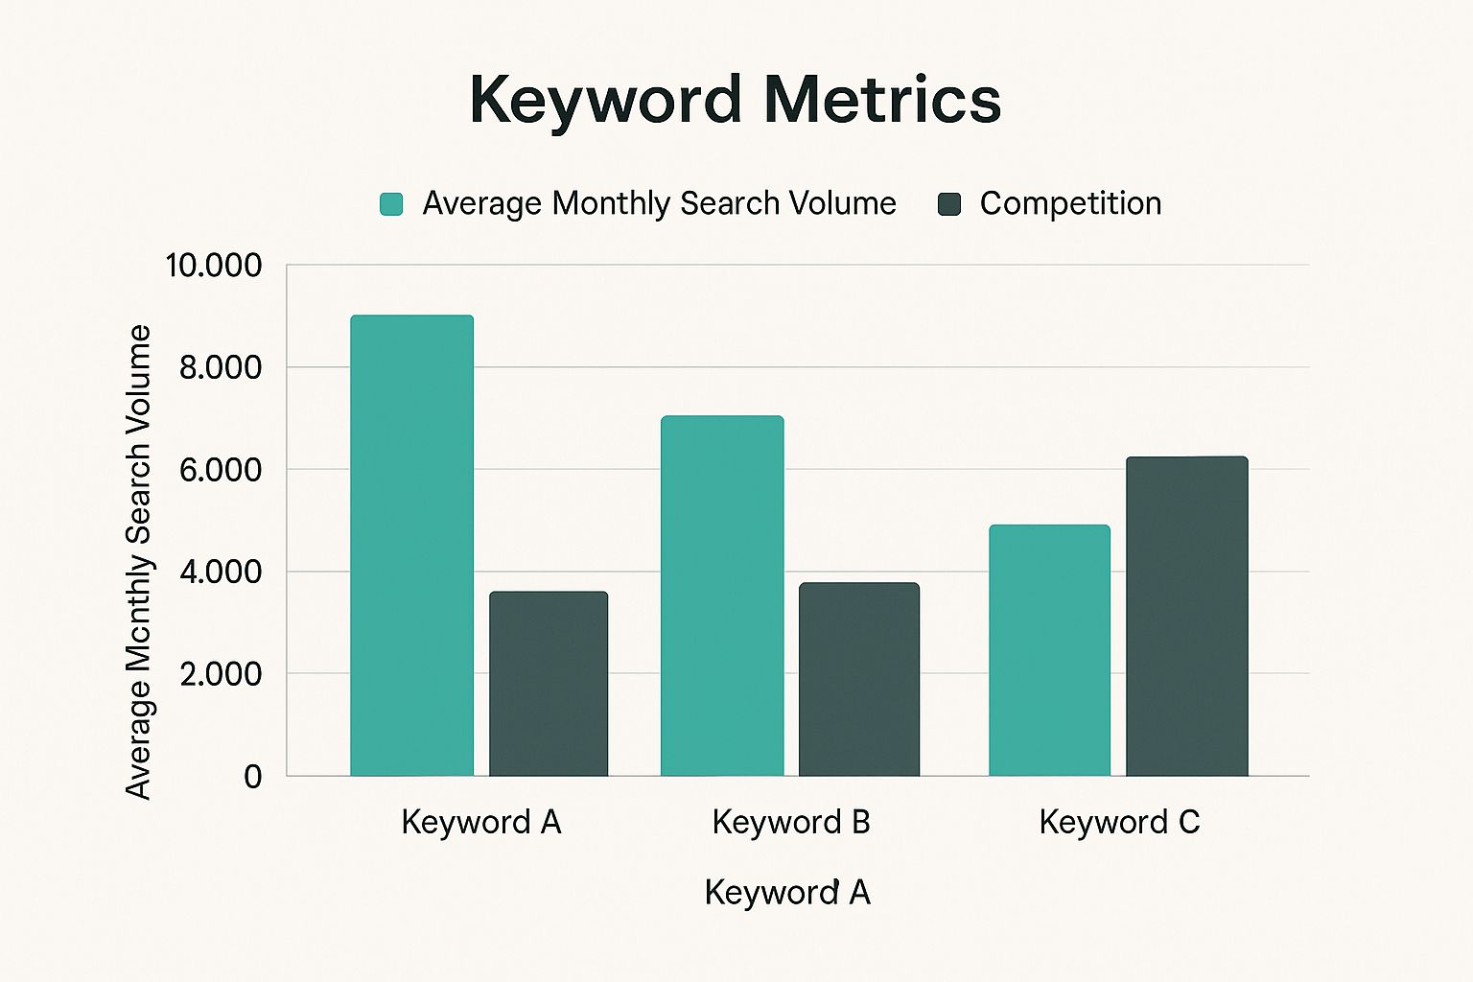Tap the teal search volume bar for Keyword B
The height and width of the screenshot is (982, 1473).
[722, 596]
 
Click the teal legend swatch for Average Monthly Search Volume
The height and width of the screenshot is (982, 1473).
[391, 203]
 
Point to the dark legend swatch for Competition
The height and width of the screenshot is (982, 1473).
[949, 203]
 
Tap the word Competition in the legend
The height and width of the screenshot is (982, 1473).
[1070, 203]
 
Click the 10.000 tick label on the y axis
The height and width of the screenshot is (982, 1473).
[213, 266]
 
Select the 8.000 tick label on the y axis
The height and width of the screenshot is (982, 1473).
[220, 367]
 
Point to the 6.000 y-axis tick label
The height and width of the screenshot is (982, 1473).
[220, 470]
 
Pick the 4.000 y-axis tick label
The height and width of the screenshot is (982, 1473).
[220, 572]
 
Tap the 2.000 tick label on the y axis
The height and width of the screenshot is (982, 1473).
[220, 674]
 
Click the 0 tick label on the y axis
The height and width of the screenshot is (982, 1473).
[252, 776]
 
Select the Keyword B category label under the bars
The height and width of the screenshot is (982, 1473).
[791, 822]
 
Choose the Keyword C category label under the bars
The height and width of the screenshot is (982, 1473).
[1119, 822]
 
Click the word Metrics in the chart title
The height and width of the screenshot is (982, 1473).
[882, 100]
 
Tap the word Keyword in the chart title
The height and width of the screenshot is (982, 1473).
[605, 100]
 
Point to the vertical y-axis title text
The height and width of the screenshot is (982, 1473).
[139, 561]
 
